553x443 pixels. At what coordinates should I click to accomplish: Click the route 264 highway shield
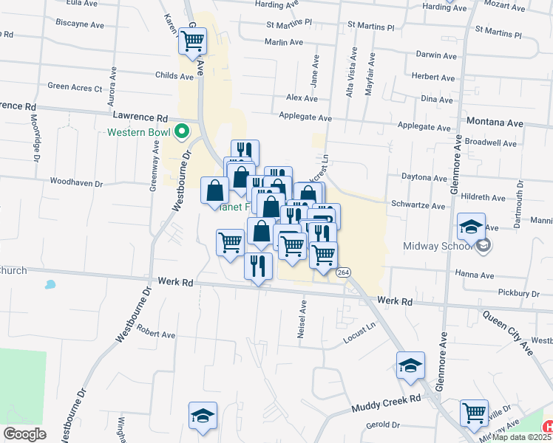343,272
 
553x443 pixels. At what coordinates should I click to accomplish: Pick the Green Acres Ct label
75,87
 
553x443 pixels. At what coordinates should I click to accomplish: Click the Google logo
24,434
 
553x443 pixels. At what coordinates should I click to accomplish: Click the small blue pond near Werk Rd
50,284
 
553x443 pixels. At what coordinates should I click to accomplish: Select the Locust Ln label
360,332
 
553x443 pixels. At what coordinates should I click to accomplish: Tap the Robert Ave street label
155,334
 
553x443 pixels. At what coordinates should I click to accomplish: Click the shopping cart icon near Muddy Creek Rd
474,413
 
